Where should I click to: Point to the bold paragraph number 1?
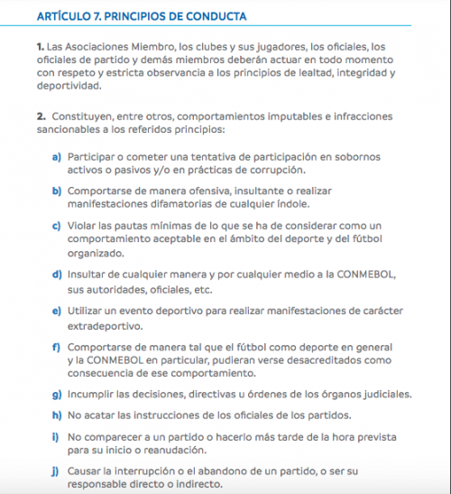[41, 45]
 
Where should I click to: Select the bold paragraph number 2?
[41, 117]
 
